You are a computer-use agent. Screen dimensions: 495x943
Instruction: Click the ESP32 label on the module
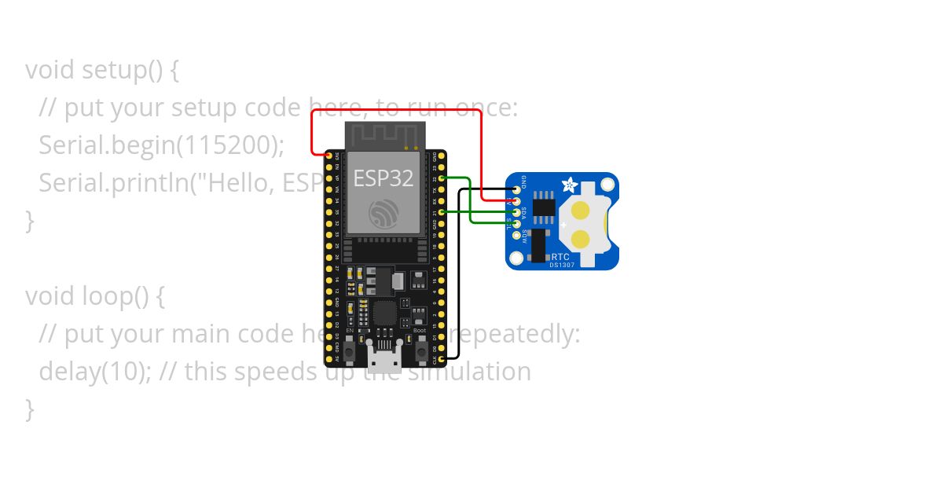point(383,178)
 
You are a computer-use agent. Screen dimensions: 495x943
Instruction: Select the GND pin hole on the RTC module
point(516,189)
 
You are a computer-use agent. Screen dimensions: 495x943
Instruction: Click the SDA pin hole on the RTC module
point(516,212)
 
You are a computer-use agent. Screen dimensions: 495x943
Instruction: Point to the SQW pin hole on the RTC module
point(516,235)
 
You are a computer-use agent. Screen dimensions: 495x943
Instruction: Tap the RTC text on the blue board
point(560,256)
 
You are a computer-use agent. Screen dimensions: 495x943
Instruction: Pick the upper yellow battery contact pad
point(581,210)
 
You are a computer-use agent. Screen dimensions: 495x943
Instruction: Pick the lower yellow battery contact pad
point(581,239)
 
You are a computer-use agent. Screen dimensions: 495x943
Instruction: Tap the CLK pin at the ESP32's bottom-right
point(442,359)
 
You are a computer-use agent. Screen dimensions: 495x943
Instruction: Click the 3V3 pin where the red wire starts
point(328,156)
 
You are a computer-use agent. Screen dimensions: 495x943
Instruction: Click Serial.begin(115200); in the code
point(161,145)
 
